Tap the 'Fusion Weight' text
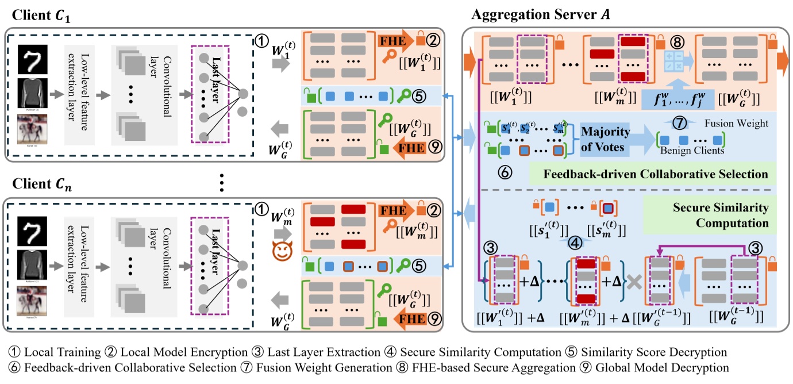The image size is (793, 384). tap(737, 124)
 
